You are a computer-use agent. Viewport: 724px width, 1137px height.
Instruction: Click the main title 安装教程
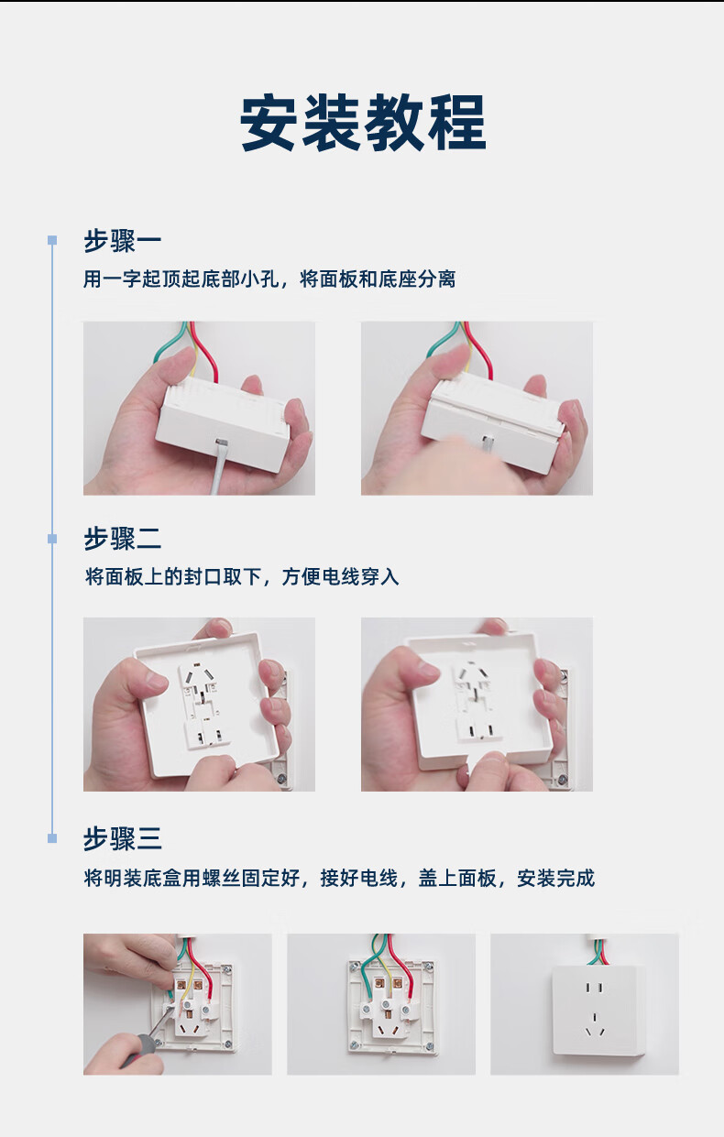(x=363, y=123)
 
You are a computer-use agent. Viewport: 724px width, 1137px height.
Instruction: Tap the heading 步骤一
(x=123, y=241)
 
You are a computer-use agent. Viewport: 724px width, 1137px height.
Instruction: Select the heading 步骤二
(x=123, y=539)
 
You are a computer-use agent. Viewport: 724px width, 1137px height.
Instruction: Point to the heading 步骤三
(x=123, y=838)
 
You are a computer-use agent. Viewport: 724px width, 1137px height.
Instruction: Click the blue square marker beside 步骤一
(x=52, y=240)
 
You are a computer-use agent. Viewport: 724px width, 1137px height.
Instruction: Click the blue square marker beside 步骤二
(x=52, y=539)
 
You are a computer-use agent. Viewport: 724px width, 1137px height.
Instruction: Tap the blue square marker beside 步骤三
(x=52, y=838)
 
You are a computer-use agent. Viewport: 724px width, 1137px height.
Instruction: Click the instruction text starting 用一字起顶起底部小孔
(x=269, y=279)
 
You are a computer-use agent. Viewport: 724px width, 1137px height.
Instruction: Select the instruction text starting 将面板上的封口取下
(x=242, y=576)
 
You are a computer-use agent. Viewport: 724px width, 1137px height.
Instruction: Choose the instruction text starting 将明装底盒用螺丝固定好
(x=339, y=878)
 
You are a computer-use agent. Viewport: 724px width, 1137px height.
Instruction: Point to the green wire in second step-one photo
(x=442, y=337)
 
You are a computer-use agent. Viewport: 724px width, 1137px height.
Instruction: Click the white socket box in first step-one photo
(x=224, y=425)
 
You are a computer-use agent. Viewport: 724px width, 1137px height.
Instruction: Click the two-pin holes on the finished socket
(x=594, y=989)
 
